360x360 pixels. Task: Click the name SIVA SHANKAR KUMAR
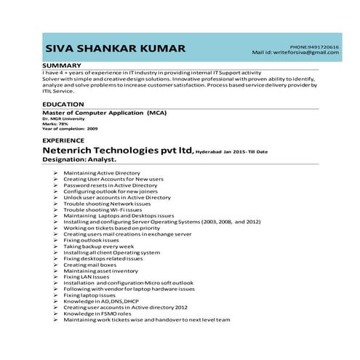pyautogui.click(x=116, y=49)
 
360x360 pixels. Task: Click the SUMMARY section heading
pyautogui.click(x=62, y=65)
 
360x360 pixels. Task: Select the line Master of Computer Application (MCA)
pyautogui.click(x=105, y=113)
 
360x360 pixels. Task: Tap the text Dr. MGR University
pyautogui.click(x=60, y=119)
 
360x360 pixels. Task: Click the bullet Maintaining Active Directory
pyautogui.click(x=101, y=173)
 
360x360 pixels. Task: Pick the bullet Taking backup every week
pyautogui.click(x=99, y=247)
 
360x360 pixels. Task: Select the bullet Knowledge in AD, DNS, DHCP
pyautogui.click(x=100, y=301)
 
